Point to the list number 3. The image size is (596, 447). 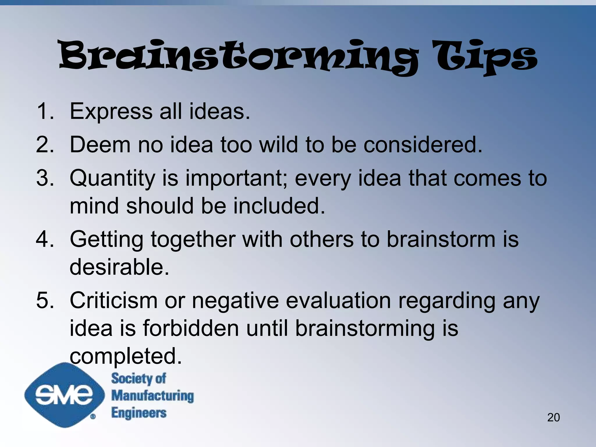[45, 178]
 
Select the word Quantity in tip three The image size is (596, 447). [112, 178]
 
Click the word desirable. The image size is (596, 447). [119, 267]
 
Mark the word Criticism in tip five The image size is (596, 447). [113, 300]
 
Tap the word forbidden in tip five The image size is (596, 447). [191, 328]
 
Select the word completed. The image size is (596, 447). [126, 356]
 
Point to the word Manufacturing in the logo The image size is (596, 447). [152, 396]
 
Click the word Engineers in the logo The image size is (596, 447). [139, 413]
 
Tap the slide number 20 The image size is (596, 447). [553, 417]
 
